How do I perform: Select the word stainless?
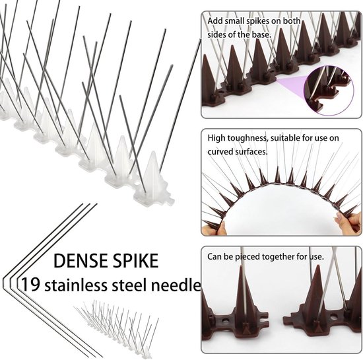click(76, 285)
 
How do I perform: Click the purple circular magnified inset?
click(329, 90)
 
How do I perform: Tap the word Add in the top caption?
click(215, 21)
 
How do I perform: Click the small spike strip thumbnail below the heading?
click(116, 329)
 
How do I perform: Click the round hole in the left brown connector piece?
click(224, 321)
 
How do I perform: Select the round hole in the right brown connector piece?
click(333, 316)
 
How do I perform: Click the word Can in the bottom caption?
click(214, 257)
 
